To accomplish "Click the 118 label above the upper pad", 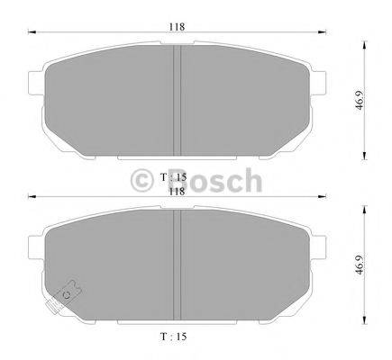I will pyautogui.click(x=177, y=27).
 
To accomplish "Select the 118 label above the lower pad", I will pyautogui.click(x=177, y=190).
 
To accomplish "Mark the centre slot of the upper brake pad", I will pyautogui.click(x=178, y=99).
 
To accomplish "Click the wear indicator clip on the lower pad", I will pyautogui.click(x=68, y=292).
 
